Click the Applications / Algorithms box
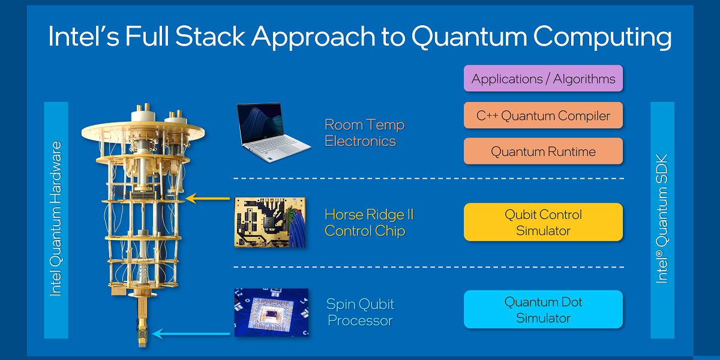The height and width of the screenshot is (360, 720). (543, 79)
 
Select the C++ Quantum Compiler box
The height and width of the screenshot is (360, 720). (543, 115)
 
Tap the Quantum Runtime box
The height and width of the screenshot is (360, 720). (543, 151)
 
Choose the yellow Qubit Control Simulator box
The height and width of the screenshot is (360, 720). (543, 222)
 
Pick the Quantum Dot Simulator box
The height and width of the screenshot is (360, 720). (543, 310)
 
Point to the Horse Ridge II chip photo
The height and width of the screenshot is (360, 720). (270, 222)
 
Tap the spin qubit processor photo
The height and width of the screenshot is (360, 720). (271, 312)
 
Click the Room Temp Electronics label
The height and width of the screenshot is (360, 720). (364, 133)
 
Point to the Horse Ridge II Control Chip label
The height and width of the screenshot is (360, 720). (369, 223)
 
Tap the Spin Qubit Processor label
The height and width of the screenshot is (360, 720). (360, 312)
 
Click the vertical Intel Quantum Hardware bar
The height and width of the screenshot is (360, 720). (56, 220)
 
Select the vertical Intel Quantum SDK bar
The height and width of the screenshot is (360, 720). (662, 220)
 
